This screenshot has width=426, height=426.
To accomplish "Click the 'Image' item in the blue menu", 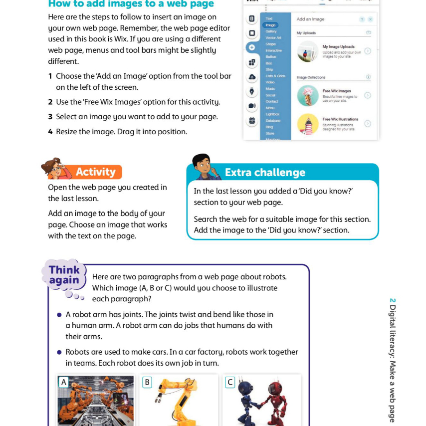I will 270,25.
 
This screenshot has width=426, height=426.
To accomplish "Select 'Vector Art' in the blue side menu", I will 273,37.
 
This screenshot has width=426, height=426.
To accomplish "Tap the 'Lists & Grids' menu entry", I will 275,76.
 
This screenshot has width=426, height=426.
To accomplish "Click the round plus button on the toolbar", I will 252,47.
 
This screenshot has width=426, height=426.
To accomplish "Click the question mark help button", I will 362,19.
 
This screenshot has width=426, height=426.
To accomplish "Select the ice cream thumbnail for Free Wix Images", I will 308,95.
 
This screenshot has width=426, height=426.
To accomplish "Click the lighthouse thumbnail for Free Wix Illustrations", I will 308,124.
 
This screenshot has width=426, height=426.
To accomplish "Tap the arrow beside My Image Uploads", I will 368,51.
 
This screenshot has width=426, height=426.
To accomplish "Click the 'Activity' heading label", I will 95,172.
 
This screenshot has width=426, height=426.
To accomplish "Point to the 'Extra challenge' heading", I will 265,173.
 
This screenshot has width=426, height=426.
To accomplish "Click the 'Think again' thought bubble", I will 64,275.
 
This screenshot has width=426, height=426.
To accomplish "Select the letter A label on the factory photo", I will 63,382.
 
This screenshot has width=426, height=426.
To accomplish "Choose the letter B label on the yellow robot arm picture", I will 147,382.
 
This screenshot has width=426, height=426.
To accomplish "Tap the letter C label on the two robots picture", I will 229,382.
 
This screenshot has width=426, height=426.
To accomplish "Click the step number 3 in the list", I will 50,117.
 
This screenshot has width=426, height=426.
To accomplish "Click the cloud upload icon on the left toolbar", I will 252,77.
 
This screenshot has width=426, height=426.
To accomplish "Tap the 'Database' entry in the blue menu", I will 273,120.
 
